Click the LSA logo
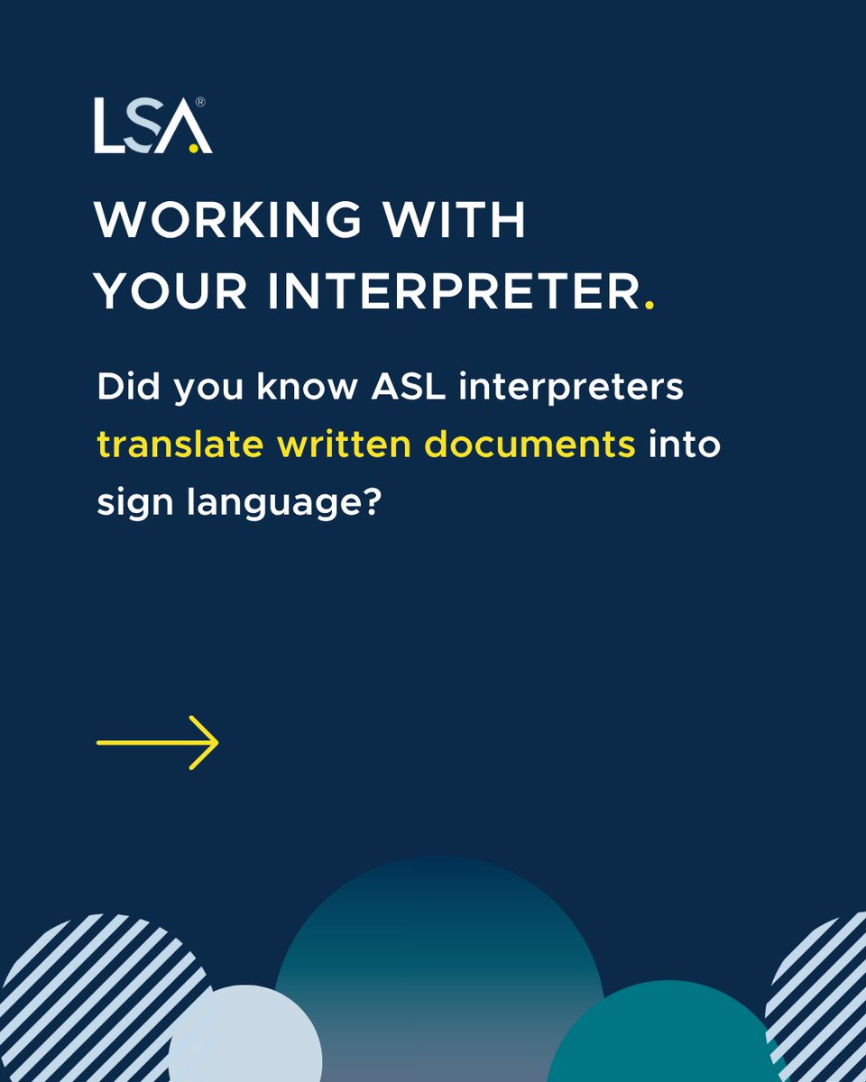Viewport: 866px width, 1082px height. click(x=153, y=126)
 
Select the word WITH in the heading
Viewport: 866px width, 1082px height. click(x=468, y=221)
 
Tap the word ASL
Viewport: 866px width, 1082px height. click(x=396, y=390)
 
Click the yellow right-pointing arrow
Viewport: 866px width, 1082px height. click(x=158, y=742)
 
